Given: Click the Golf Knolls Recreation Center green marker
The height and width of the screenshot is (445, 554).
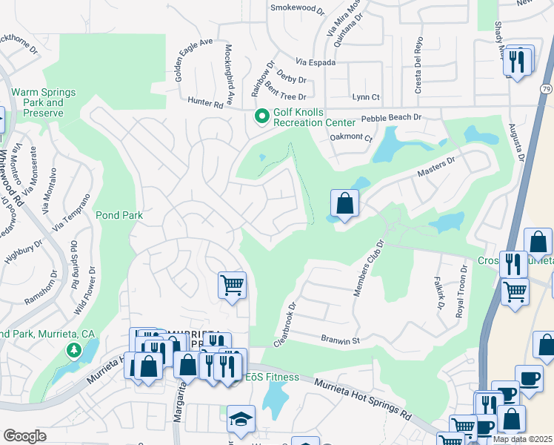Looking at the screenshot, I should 261,116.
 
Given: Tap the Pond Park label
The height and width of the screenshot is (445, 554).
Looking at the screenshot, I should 119,215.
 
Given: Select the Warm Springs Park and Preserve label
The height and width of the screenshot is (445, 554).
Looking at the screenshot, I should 43,102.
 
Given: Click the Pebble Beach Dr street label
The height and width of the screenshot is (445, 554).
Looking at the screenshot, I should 390,117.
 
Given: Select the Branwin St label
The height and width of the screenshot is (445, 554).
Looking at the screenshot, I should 339,340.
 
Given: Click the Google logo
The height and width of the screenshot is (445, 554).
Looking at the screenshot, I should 24,436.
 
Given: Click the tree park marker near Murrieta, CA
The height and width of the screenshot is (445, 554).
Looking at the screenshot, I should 73,349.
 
